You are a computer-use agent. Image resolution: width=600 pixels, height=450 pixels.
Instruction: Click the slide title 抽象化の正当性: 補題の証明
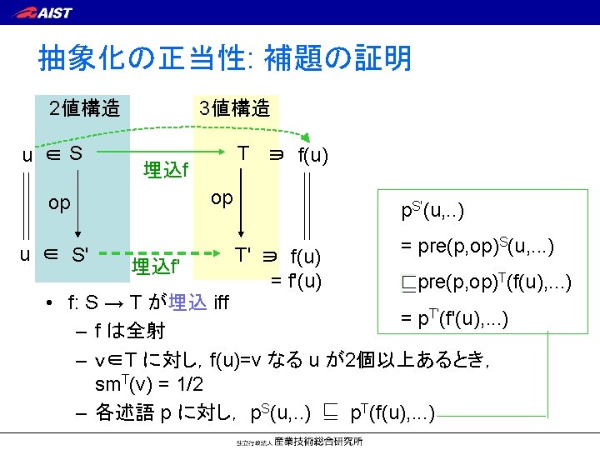tap(225, 58)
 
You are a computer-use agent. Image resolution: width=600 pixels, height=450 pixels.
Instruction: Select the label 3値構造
tap(234, 108)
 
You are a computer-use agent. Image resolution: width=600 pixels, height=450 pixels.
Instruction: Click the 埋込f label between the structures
tap(166, 170)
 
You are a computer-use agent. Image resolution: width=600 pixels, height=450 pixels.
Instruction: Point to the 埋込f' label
tap(156, 267)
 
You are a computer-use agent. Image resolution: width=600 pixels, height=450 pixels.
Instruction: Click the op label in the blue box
tap(60, 203)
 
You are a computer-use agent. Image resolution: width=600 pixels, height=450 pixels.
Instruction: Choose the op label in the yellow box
tap(222, 197)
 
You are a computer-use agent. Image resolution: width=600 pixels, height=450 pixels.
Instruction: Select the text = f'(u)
tap(296, 280)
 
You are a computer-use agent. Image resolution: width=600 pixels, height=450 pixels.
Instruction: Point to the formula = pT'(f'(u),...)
tap(466, 319)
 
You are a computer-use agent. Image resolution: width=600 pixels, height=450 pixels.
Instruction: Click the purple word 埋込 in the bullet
tap(188, 302)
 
